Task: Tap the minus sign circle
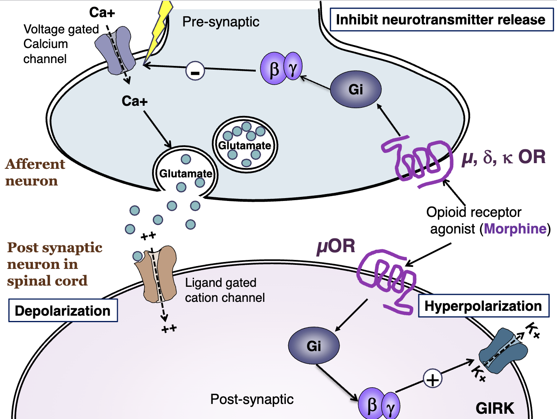195,72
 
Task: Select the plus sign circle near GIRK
433,379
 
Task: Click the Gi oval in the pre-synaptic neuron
355,89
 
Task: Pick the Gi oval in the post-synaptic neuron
313,346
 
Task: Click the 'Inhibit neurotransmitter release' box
441,20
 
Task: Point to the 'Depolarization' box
63,311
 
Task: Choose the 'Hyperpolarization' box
483,306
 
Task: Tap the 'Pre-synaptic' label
220,22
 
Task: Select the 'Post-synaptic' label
252,399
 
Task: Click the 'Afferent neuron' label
35,172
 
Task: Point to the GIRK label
495,408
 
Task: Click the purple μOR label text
336,246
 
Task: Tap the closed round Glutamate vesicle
245,145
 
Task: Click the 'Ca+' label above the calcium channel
102,13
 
